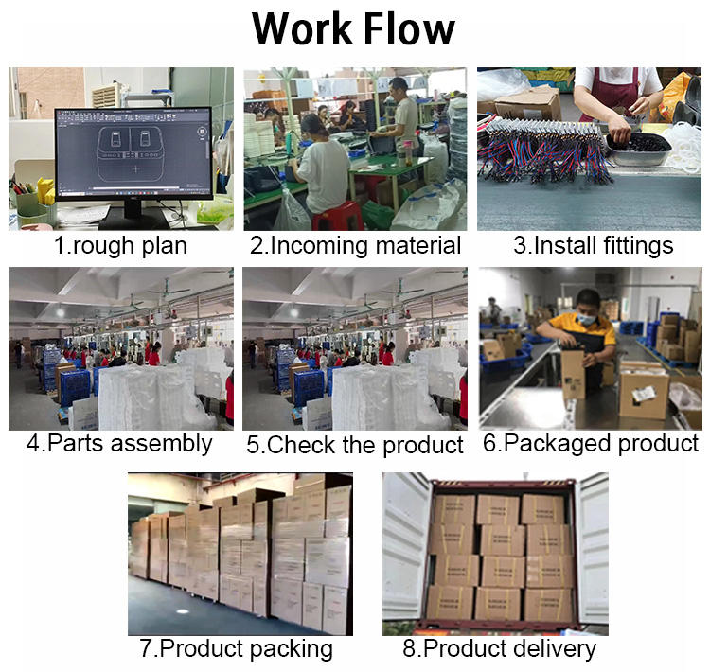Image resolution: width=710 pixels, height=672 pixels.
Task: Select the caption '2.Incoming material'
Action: tap(355, 246)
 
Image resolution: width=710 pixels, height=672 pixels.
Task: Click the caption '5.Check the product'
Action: tap(355, 445)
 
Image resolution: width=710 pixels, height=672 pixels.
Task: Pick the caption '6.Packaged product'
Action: tap(591, 443)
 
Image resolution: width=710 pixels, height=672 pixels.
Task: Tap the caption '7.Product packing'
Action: tap(236, 648)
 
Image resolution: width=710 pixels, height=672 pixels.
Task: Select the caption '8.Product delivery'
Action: tap(497, 648)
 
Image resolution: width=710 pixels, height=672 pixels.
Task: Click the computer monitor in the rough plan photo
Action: tap(133, 152)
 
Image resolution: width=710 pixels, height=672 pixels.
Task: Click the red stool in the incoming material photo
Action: tap(336, 215)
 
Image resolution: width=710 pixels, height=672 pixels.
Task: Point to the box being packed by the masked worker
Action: tap(574, 375)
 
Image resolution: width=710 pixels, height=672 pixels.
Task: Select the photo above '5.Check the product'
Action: tap(355, 348)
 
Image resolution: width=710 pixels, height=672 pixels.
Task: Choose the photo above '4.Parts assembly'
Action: tap(120, 348)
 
